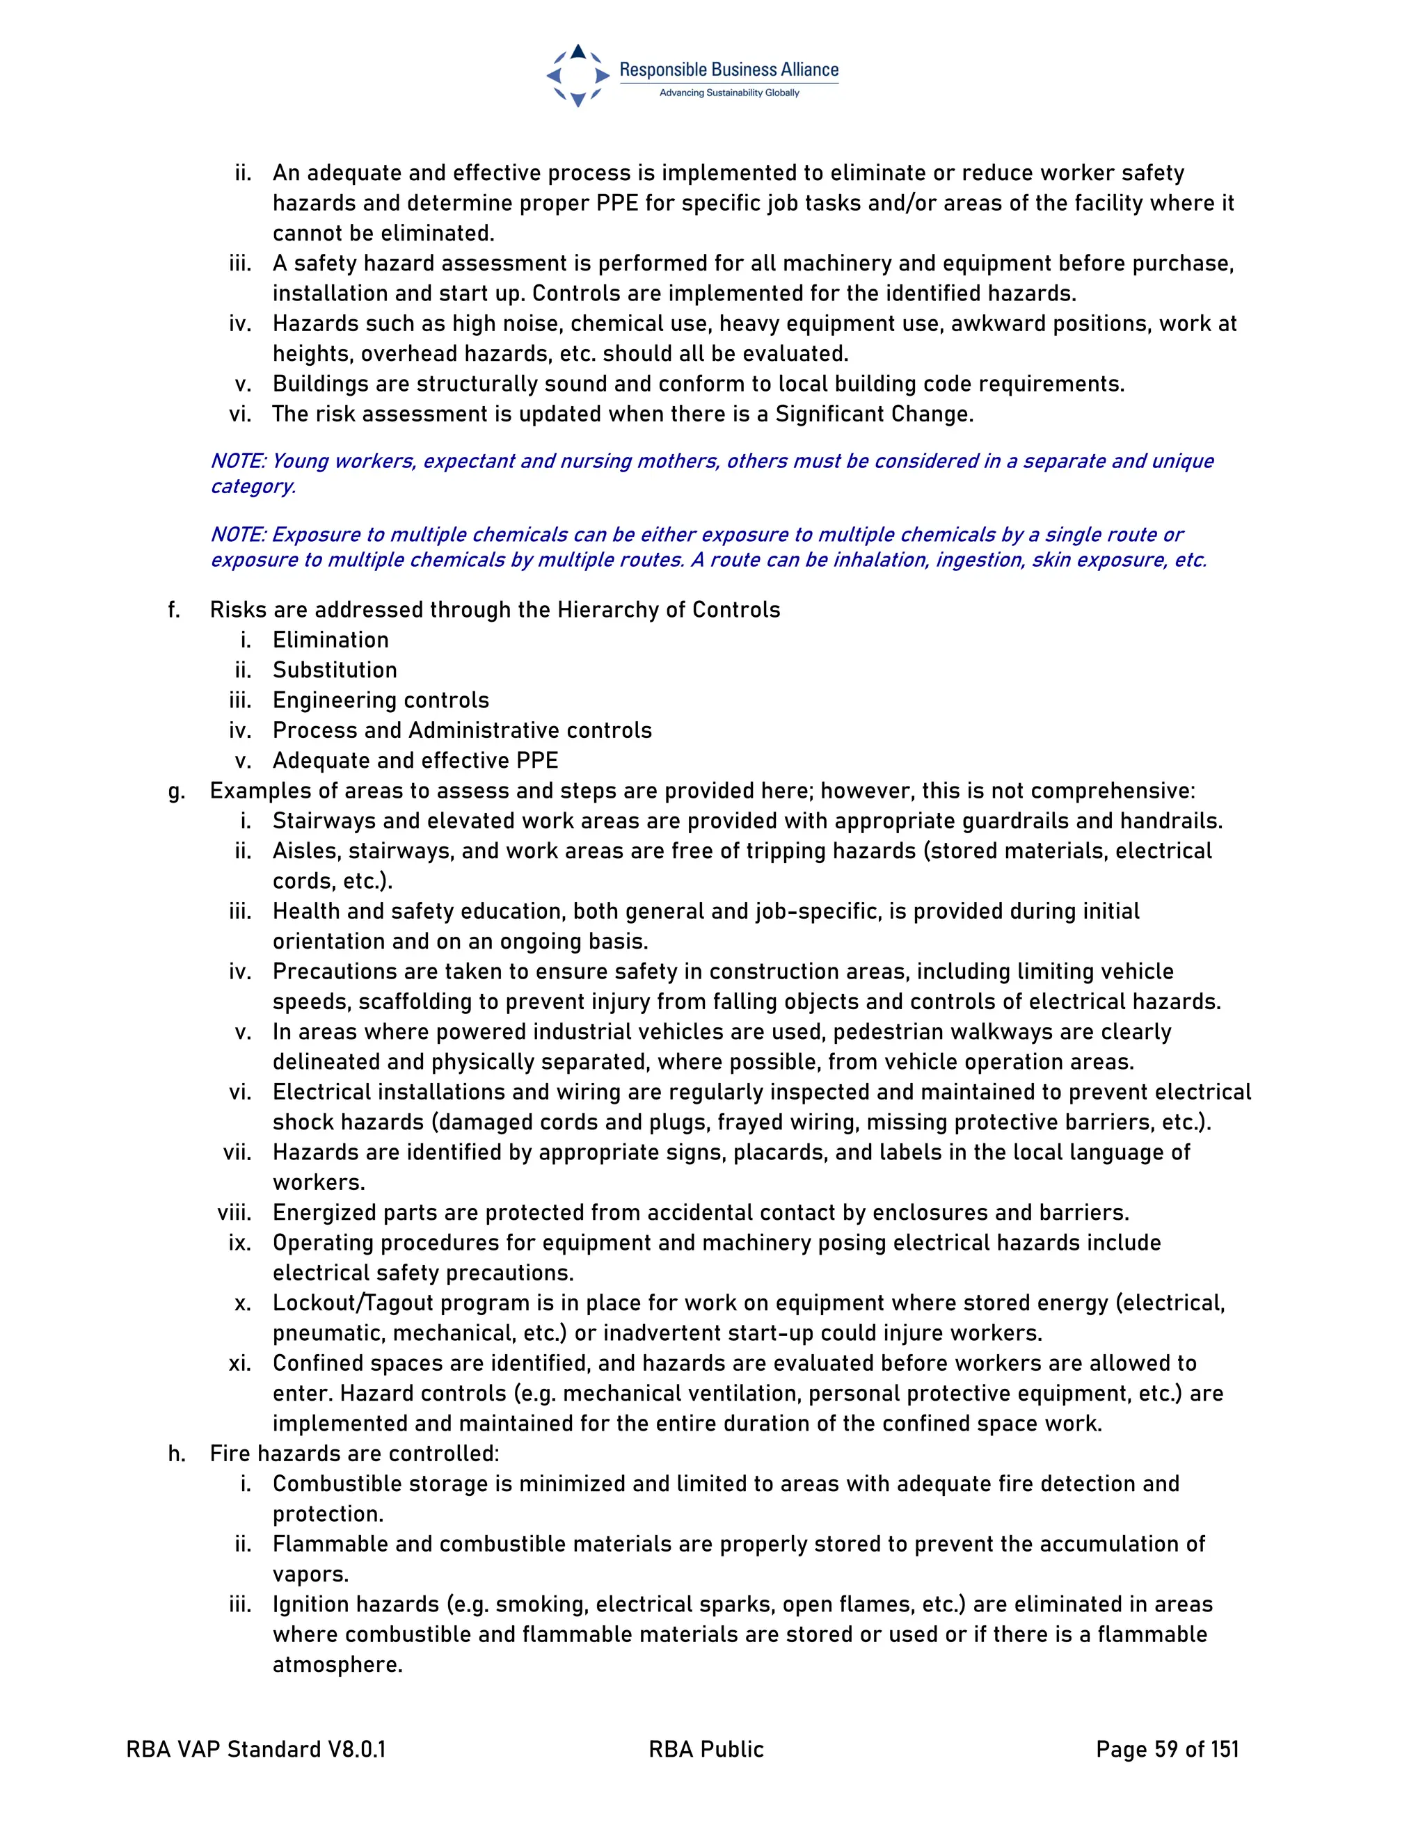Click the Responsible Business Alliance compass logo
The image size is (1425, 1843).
tap(578, 75)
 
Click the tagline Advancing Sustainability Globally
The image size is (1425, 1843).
tap(729, 92)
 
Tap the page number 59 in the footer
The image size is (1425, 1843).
tap(1166, 1749)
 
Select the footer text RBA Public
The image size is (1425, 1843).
tap(706, 1749)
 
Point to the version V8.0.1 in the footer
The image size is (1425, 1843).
tap(356, 1749)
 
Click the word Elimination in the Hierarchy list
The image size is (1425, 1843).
tap(330, 640)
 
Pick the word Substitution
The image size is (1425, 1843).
tap(334, 670)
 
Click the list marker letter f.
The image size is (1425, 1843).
tap(174, 609)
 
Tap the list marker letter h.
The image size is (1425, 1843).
tap(175, 1453)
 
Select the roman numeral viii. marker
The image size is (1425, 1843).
tap(234, 1213)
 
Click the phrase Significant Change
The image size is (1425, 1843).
tap(874, 415)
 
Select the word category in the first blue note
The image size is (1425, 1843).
tap(253, 487)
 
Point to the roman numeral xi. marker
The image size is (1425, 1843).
tap(240, 1363)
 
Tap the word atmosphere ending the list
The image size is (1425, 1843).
tap(337, 1665)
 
